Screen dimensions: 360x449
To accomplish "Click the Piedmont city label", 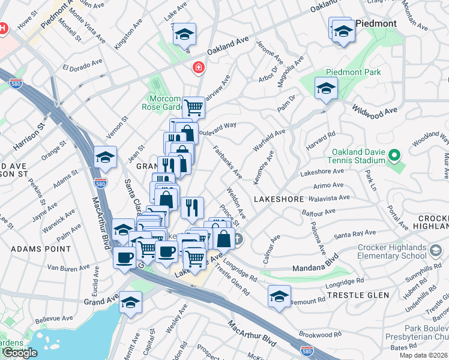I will pos(376,23).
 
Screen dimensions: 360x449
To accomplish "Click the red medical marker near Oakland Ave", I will pos(197,69).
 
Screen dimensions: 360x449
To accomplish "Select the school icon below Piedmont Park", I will pos(326,88).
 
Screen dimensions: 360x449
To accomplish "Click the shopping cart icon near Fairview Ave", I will pos(193,108).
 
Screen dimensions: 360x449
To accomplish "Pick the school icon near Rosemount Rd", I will pos(279,296).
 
